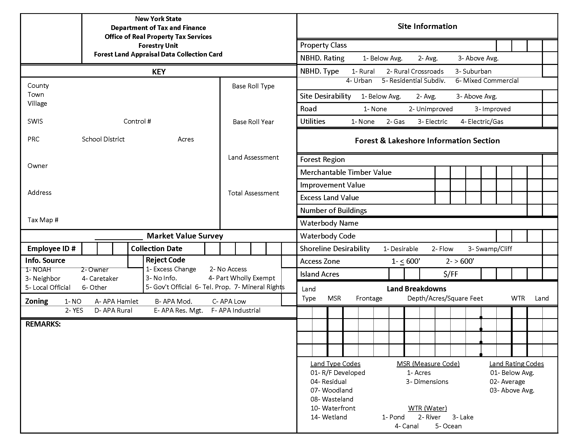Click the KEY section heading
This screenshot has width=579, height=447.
tap(158, 72)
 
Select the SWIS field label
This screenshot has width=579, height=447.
tap(35, 121)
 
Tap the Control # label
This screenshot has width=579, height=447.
tap(137, 121)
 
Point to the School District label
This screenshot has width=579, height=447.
tap(103, 139)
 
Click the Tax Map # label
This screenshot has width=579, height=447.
tap(43, 220)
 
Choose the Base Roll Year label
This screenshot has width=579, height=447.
tap(253, 122)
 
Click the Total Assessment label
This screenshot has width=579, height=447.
tap(253, 193)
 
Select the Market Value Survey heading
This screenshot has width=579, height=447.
tap(185, 236)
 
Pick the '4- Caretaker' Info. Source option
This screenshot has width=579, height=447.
tap(100, 278)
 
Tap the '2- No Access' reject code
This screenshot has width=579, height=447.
tap(228, 269)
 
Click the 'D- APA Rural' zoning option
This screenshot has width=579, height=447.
tap(113, 310)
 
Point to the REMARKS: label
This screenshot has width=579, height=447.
tap(43, 324)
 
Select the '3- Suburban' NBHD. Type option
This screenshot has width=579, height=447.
tap(473, 71)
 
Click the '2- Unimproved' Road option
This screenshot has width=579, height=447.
tap(431, 109)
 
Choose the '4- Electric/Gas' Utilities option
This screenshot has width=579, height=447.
tap(482, 121)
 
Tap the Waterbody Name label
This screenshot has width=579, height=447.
tap(329, 223)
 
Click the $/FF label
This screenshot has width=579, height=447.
tap(450, 274)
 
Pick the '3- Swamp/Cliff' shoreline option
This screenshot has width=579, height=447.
tap(490, 249)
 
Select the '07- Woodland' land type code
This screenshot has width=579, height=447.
tap(331, 390)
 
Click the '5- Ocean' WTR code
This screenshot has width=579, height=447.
tap(448, 426)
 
